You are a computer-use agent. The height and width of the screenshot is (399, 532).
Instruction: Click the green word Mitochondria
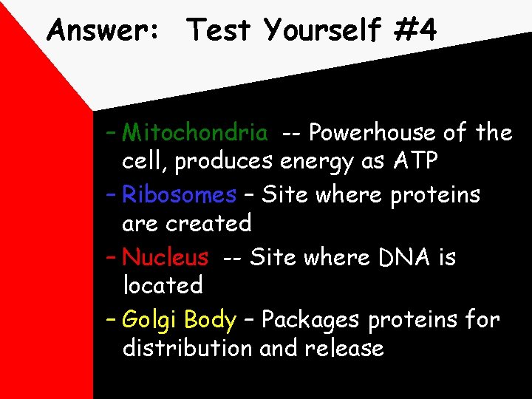click(195, 132)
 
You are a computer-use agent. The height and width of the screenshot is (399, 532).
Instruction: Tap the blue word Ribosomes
click(179, 195)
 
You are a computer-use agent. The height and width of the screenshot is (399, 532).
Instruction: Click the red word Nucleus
click(166, 257)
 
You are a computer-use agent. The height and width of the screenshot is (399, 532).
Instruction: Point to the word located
click(163, 284)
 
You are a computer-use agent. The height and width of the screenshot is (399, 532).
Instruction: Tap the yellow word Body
click(210, 320)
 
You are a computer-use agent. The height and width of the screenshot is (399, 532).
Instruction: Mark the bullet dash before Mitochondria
click(110, 132)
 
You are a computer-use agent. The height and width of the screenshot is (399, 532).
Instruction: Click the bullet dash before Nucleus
click(110, 257)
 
